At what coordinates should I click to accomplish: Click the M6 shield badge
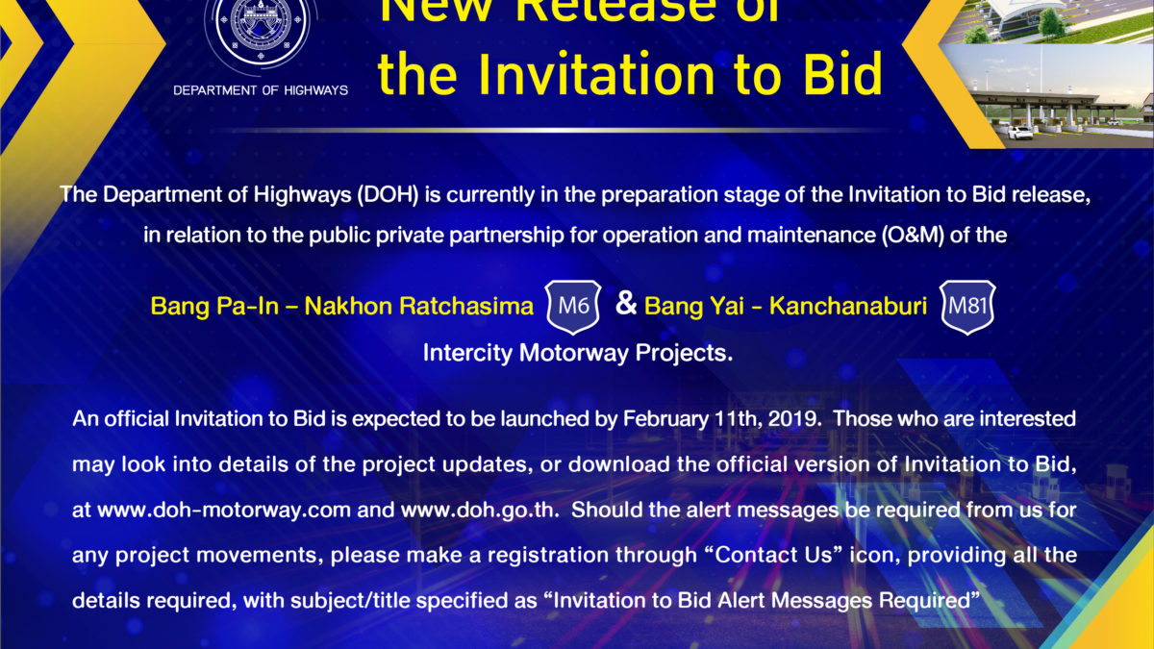click(573, 307)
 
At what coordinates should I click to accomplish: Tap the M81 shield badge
click(967, 307)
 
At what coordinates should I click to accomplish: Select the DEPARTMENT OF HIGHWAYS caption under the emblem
click(261, 90)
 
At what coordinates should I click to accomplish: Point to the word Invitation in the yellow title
click(596, 74)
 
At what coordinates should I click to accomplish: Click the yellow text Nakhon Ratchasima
click(419, 306)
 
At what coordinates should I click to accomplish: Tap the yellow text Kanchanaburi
click(848, 306)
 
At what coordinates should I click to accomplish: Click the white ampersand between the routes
click(626, 303)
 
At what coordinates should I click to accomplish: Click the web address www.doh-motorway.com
click(224, 510)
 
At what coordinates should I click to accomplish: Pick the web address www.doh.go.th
click(480, 510)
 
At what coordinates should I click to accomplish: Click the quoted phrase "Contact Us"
click(774, 556)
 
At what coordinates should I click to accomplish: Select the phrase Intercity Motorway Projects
click(578, 354)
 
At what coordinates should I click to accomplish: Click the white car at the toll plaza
click(1020, 133)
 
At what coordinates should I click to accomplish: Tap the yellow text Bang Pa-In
click(214, 306)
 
